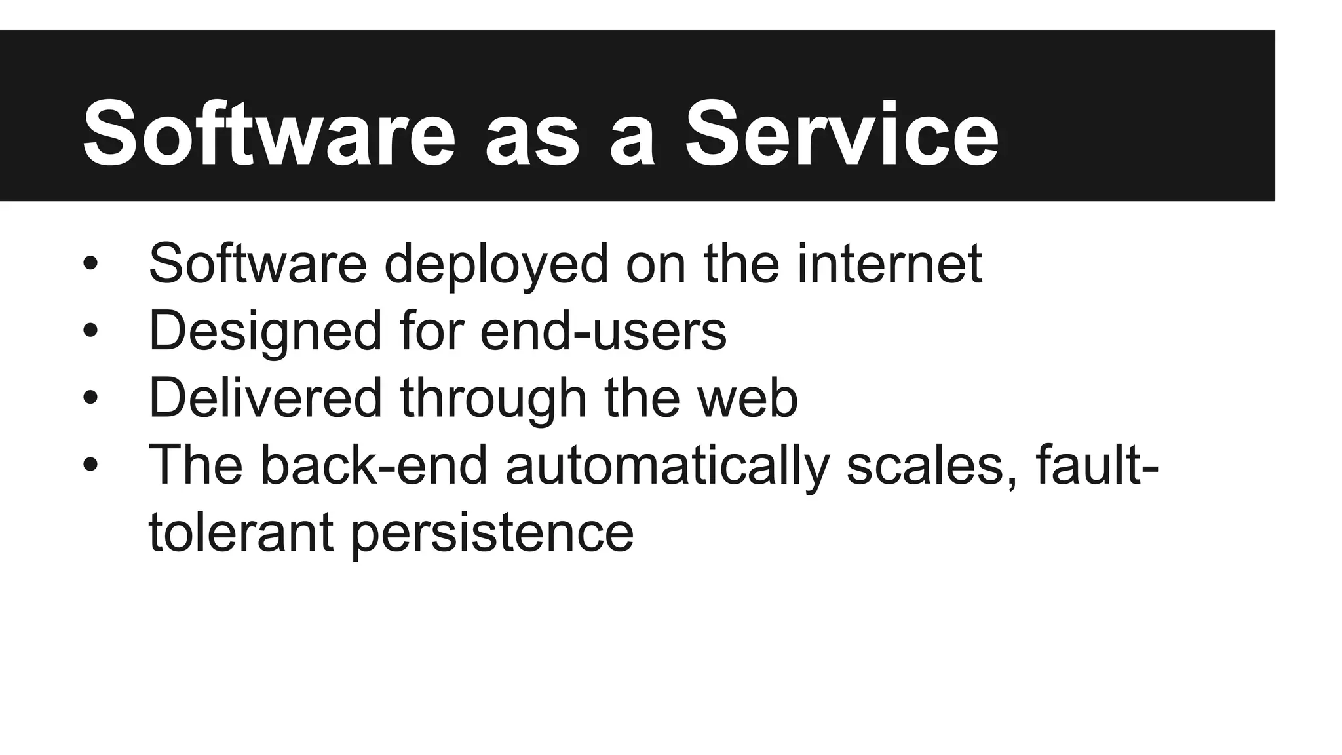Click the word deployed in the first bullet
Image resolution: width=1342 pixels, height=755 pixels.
496,265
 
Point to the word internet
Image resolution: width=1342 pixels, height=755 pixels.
889,263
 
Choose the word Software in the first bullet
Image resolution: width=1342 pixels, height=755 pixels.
258,263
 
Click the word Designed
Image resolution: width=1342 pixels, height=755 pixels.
265,332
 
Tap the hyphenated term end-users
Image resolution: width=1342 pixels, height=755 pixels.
603,332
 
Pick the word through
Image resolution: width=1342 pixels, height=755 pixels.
493,399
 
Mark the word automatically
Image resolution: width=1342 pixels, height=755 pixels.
667,466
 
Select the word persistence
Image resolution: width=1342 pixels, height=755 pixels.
492,533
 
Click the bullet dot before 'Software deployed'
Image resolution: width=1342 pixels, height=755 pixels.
90,264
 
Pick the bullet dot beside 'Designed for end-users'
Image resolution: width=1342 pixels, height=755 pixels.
90,331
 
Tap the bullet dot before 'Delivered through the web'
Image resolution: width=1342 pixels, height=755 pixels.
90,398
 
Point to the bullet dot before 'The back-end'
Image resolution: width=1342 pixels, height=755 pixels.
90,465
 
